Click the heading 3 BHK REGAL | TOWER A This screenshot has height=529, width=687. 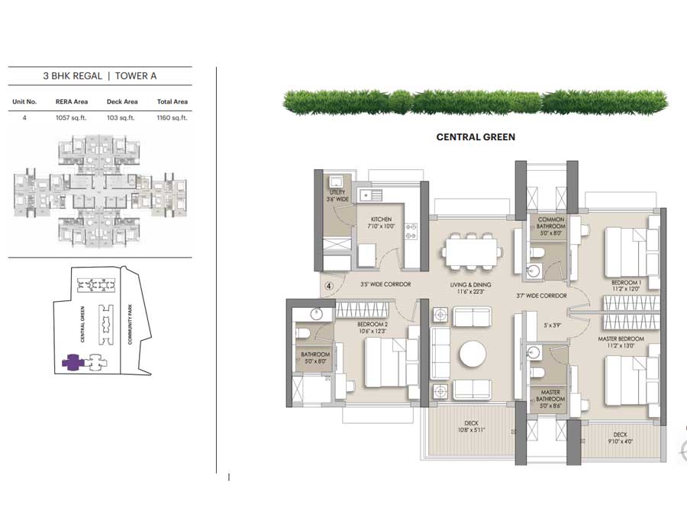pyautogui.click(x=100, y=76)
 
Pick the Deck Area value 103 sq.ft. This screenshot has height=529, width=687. pyautogui.click(x=121, y=118)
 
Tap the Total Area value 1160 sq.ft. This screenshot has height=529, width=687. pyautogui.click(x=172, y=118)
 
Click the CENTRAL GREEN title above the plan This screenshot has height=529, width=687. pyautogui.click(x=475, y=137)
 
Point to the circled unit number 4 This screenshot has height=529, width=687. pyautogui.click(x=328, y=287)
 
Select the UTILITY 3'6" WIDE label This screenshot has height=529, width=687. pyautogui.click(x=337, y=195)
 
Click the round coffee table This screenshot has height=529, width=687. pyautogui.click(x=471, y=354)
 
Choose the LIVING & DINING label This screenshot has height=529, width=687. pyautogui.click(x=469, y=288)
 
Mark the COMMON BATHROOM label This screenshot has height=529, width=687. pyautogui.click(x=550, y=223)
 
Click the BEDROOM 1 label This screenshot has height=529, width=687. pyautogui.click(x=627, y=287)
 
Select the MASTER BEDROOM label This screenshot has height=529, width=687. pyautogui.click(x=621, y=343)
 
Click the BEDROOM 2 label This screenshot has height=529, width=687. pyautogui.click(x=374, y=329)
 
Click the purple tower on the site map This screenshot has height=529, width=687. pyautogui.click(x=70, y=362)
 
